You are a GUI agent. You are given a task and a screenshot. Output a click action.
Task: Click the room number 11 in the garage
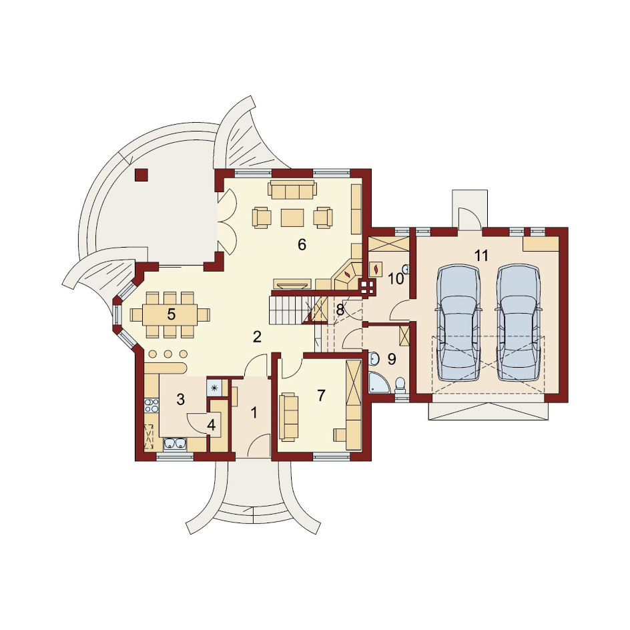pyautogui.click(x=481, y=255)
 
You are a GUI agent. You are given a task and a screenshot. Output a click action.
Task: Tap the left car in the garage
pyautogui.click(x=458, y=322)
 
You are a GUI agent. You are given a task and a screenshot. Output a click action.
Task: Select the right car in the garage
pyautogui.click(x=519, y=322)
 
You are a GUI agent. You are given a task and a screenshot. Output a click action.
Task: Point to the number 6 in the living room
pyautogui.click(x=302, y=244)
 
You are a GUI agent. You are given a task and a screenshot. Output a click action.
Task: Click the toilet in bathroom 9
pyautogui.click(x=400, y=385)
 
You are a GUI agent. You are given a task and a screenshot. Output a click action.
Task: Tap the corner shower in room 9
pyautogui.click(x=379, y=382)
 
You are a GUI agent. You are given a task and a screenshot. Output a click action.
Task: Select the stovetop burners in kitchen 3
pyautogui.click(x=151, y=405)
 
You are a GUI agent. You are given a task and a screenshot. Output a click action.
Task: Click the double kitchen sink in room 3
pyautogui.click(x=175, y=443)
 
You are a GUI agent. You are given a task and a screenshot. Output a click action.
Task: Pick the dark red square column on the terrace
pyautogui.click(x=141, y=175)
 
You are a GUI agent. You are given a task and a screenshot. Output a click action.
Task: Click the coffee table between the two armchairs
pyautogui.click(x=292, y=218)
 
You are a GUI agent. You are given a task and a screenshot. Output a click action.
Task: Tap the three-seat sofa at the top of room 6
pyautogui.click(x=292, y=190)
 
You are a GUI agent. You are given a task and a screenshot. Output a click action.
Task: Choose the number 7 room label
pyautogui.click(x=320, y=396)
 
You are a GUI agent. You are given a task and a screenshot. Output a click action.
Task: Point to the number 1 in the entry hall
pyautogui.click(x=254, y=412)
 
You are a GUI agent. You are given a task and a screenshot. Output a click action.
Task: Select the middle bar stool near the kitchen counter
pyautogui.click(x=168, y=354)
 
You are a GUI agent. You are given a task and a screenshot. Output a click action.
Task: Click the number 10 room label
pyautogui.click(x=395, y=278)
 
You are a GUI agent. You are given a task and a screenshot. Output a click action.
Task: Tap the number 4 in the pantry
pyautogui.click(x=212, y=425)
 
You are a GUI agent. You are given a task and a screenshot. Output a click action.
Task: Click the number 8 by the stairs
pyautogui.click(x=340, y=310)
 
